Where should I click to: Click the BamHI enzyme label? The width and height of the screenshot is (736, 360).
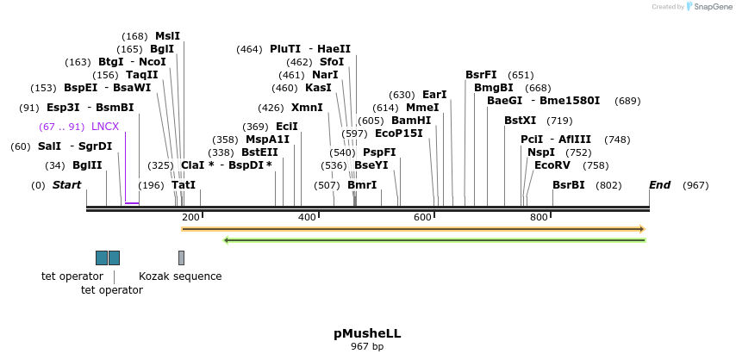click(x=411, y=121)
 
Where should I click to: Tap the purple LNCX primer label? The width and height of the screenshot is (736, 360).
click(x=105, y=127)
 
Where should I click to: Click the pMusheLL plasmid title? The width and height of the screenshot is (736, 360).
click(x=367, y=333)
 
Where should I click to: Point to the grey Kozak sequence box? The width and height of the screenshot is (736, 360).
click(x=181, y=258)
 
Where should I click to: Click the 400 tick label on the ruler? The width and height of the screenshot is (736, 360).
click(x=308, y=217)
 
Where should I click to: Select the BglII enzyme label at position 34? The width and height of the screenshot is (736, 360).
click(x=87, y=165)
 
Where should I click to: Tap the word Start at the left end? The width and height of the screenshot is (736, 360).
click(x=66, y=185)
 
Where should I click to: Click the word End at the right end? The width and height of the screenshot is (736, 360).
click(x=659, y=185)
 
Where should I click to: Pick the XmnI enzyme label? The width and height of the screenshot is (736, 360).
click(x=307, y=108)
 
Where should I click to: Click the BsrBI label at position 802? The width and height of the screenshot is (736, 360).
click(x=569, y=185)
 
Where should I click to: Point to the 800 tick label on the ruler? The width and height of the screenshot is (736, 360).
click(x=539, y=217)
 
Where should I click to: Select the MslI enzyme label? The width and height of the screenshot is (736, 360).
click(x=167, y=36)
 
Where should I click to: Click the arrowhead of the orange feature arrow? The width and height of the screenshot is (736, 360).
click(x=640, y=229)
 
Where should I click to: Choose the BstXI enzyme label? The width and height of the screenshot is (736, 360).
click(x=520, y=121)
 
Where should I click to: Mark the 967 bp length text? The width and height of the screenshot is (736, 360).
click(x=367, y=346)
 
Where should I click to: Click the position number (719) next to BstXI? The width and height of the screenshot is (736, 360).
click(x=559, y=121)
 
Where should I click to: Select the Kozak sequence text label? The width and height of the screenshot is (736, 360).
click(x=180, y=276)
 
